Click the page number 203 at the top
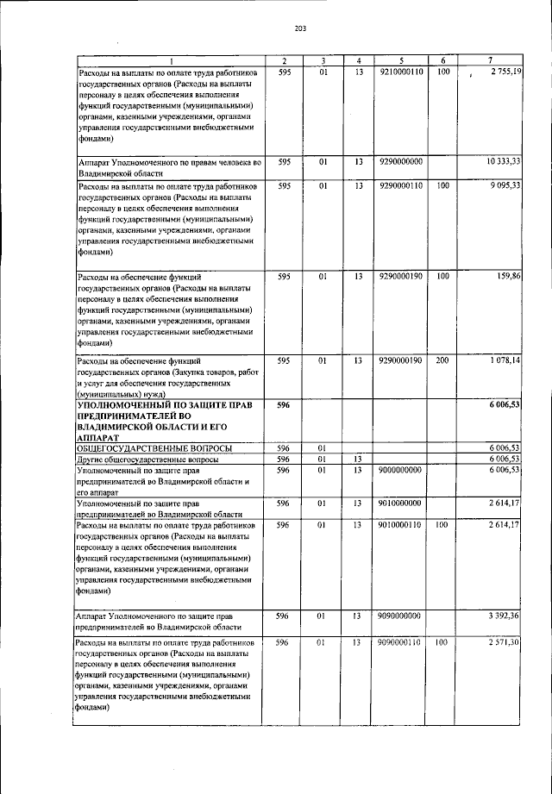tap(300, 28)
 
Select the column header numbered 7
tap(490, 59)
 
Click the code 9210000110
tap(400, 71)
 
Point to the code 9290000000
tap(400, 161)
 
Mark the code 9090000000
tap(400, 616)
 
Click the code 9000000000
tap(400, 470)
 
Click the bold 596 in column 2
tap(283, 404)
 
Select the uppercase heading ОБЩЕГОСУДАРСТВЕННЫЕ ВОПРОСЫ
tap(154, 448)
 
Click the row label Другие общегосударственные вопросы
tap(154, 460)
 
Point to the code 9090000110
tap(400, 642)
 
